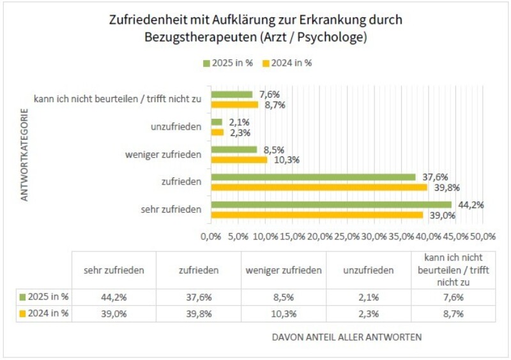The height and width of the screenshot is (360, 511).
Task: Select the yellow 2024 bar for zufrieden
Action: click(x=319, y=187)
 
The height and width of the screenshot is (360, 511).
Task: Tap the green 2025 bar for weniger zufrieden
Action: click(x=234, y=149)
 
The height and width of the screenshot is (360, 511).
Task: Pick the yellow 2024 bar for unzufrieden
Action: click(x=217, y=132)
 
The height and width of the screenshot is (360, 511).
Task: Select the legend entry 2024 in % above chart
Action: click(x=291, y=63)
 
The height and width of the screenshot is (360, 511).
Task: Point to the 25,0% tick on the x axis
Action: click(x=347, y=236)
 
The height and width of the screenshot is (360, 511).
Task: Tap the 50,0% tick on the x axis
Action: click(x=483, y=236)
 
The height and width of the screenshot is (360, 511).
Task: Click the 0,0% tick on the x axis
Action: click(x=211, y=236)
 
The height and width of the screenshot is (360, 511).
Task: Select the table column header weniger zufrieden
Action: click(x=284, y=270)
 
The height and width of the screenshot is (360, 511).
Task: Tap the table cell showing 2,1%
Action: click(x=369, y=297)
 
